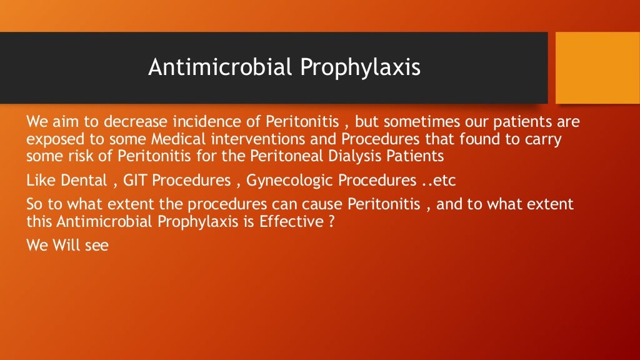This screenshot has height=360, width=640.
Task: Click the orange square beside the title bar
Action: coord(597,67)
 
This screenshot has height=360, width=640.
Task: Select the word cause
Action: coord(321,205)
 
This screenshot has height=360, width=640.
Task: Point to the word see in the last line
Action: coord(97,246)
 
